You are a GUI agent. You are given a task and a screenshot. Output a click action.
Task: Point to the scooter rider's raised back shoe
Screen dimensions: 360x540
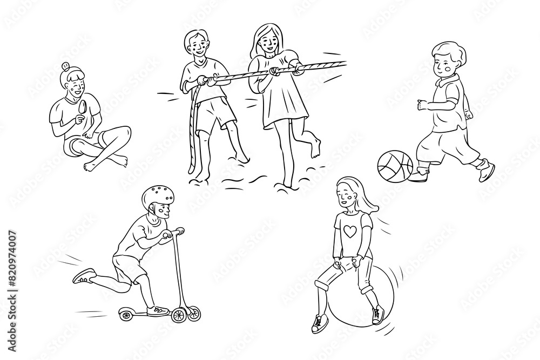(84, 276)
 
